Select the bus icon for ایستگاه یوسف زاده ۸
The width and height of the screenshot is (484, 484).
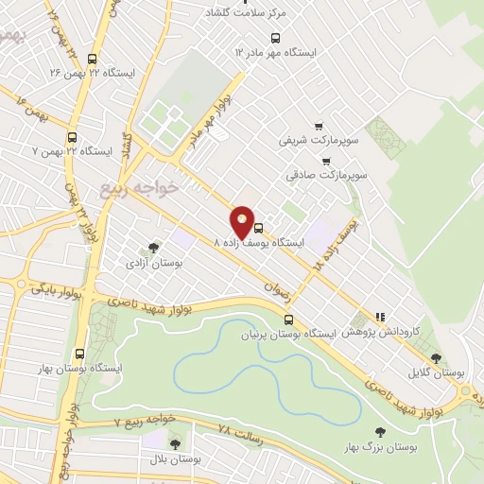258,227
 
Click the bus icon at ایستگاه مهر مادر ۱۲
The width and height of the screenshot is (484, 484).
275,39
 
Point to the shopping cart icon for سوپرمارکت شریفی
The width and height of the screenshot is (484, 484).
319,125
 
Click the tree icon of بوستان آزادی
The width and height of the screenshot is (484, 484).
153,248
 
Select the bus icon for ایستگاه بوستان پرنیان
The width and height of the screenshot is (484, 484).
288,319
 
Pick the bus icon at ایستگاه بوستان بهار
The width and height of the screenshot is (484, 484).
79,353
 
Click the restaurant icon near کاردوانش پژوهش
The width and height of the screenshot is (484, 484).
380,318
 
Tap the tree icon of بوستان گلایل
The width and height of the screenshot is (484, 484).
436,357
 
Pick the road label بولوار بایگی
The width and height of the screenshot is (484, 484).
57,287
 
